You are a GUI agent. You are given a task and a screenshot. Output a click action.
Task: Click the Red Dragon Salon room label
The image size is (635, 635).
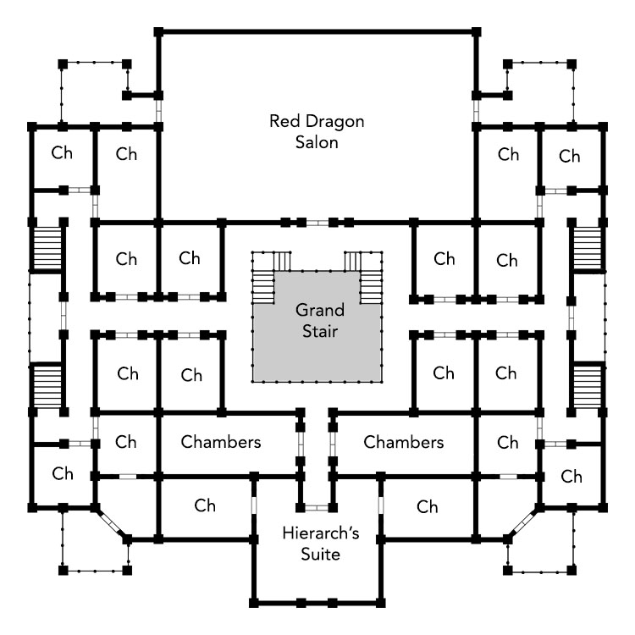(317, 131)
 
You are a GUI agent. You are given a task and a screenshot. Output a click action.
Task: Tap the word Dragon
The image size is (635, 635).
(334, 121)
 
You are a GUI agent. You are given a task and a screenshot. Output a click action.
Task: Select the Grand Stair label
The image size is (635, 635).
(320, 320)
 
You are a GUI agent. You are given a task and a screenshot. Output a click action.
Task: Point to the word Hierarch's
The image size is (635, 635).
(321, 533)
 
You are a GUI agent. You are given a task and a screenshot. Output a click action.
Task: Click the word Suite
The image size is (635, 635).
(320, 554)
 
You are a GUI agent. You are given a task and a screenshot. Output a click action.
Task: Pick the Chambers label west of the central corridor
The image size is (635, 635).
(221, 442)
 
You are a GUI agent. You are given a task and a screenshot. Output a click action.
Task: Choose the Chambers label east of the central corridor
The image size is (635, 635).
(403, 442)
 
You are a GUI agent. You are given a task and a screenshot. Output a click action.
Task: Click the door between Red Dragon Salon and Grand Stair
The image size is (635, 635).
(317, 223)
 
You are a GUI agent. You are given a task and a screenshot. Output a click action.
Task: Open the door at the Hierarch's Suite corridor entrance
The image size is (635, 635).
(317, 507)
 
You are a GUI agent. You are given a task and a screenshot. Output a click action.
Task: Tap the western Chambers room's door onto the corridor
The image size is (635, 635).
(301, 444)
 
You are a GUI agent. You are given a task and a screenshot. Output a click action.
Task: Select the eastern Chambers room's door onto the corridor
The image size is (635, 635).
(333, 444)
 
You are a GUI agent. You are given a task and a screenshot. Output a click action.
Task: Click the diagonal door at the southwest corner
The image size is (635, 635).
(111, 523)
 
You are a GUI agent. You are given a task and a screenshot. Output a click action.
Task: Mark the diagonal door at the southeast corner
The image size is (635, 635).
(523, 523)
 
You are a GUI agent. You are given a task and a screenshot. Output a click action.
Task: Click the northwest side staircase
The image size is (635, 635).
(47, 248)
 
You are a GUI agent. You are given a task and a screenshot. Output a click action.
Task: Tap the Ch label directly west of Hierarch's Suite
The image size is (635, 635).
(205, 505)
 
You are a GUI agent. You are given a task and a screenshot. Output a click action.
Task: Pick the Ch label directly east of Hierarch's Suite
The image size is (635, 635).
(428, 506)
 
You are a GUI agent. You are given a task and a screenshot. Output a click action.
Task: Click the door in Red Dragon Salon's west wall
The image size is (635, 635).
(158, 111)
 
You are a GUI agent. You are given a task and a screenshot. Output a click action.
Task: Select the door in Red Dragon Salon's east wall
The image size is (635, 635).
(476, 111)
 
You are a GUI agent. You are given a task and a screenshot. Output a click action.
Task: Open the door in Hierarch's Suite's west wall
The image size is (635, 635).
(254, 505)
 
